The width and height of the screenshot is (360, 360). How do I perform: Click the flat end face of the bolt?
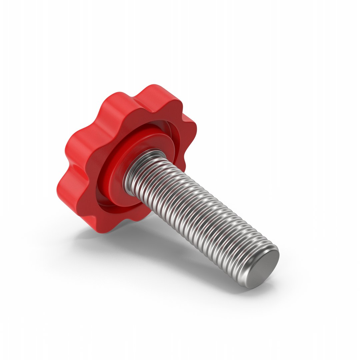265,269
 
